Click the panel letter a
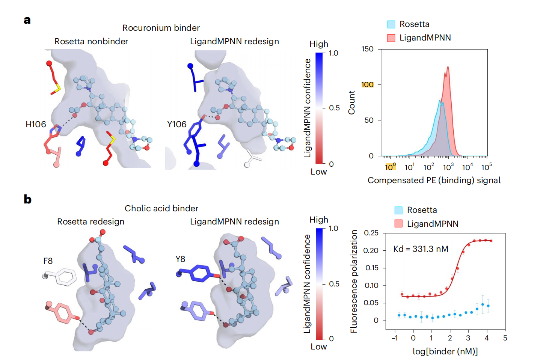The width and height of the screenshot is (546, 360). [27, 20]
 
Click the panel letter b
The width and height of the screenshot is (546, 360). [27, 199]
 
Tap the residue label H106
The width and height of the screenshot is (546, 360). [36, 124]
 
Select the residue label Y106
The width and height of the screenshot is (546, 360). [176, 124]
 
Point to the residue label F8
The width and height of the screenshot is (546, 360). [48, 261]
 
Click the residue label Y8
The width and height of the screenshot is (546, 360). [180, 259]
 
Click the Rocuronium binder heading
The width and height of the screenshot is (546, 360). [161, 28]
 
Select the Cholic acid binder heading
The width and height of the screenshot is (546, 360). [161, 208]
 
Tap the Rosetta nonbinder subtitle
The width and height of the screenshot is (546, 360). [91, 41]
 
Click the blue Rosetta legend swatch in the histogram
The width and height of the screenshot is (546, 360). [391, 24]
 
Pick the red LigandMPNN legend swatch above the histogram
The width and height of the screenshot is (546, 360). [391, 38]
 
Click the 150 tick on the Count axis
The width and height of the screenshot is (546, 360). [367, 49]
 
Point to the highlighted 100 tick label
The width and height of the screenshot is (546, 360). [367, 84]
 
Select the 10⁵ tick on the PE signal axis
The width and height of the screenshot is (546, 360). [486, 167]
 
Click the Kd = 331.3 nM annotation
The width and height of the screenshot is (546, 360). [421, 249]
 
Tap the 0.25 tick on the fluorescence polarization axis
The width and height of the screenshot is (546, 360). [371, 233]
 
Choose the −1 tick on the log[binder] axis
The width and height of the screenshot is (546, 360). [395, 338]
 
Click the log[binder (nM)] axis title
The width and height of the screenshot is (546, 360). [445, 351]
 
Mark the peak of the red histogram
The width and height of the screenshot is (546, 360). [448, 67]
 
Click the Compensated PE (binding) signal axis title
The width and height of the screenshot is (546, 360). [434, 180]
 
